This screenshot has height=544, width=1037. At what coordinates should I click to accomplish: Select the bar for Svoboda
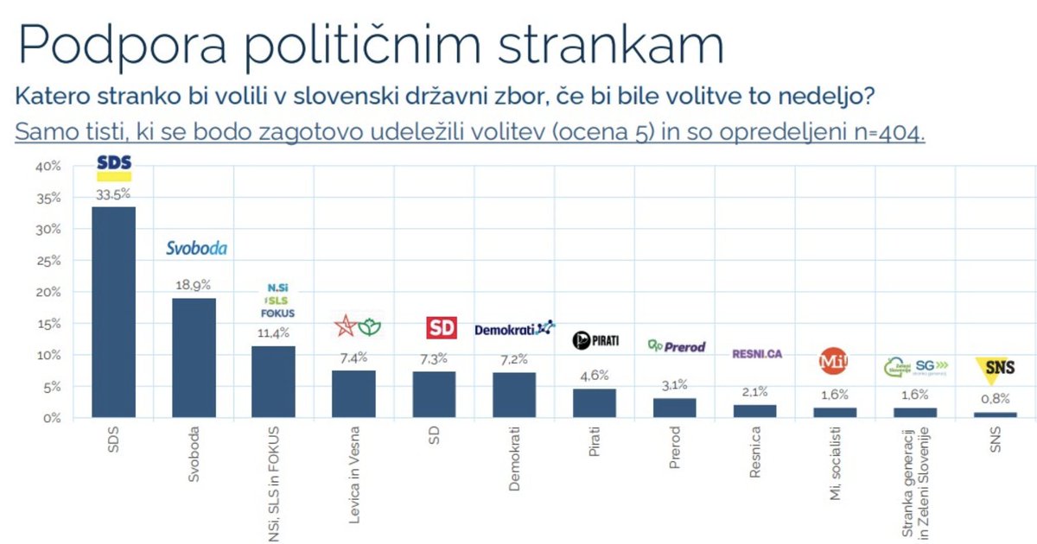[194, 358]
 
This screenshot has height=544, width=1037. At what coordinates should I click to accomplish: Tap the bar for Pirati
[595, 403]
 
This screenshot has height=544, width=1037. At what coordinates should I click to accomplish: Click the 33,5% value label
[113, 195]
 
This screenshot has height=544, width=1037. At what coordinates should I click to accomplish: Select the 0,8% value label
[996, 400]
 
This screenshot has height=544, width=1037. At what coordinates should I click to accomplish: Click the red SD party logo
[442, 328]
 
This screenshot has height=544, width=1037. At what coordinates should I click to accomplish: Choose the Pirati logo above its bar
[595, 340]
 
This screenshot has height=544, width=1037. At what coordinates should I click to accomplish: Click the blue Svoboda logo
[196, 249]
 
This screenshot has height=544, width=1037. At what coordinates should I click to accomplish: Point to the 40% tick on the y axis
[48, 166]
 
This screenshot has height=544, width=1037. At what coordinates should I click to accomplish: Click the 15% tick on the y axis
[48, 324]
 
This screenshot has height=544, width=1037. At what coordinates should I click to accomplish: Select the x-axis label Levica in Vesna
[355, 466]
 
